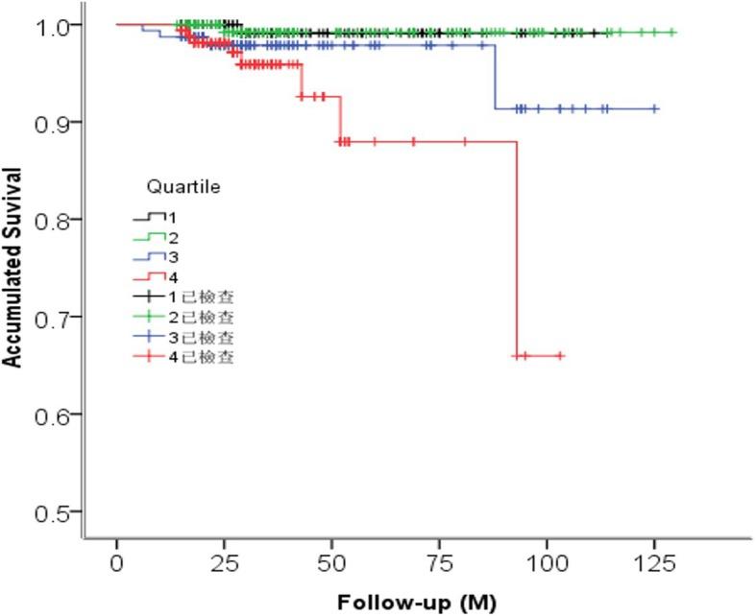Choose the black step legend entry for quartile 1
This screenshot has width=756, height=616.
click(153, 217)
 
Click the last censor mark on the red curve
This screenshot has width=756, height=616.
click(561, 356)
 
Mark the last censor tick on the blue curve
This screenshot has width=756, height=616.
click(655, 109)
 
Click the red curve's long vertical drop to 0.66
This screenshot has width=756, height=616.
click(518, 249)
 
